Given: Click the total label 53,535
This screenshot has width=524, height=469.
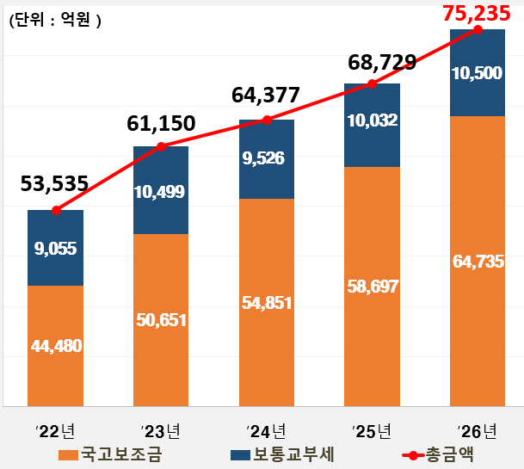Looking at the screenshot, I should pyautogui.click(x=53, y=183).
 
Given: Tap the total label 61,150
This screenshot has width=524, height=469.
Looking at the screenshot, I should pyautogui.click(x=160, y=124).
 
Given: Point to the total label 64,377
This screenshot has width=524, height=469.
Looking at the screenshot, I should pyautogui.click(x=266, y=94).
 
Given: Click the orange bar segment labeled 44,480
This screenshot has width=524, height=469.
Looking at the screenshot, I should pyautogui.click(x=55, y=345).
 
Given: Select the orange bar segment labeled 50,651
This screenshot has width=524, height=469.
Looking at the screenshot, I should pyautogui.click(x=161, y=319).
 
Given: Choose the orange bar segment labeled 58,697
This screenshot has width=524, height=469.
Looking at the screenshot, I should pyautogui.click(x=372, y=286).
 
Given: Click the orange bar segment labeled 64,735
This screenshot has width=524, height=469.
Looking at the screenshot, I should pyautogui.click(x=478, y=261).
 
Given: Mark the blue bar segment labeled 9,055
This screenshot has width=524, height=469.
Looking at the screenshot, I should pyautogui.click(x=55, y=248).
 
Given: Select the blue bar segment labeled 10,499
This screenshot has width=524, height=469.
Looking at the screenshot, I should pyautogui.click(x=161, y=191).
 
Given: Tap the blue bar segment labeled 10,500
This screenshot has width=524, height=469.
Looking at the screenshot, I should pyautogui.click(x=478, y=73).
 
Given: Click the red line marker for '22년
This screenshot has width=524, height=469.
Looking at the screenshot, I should pyautogui.click(x=55, y=210).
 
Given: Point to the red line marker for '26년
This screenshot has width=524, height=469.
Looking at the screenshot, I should pyautogui.click(x=478, y=30).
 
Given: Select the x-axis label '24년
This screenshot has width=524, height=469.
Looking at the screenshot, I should pyautogui.click(x=266, y=430).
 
